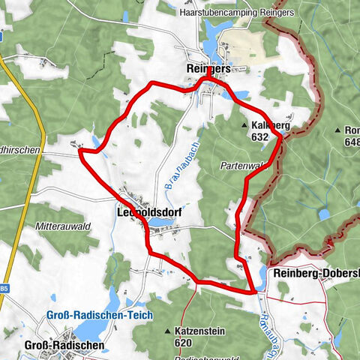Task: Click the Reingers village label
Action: tap(209, 68)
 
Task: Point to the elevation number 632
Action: tap(260, 137)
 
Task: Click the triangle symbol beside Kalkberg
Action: tap(245, 126)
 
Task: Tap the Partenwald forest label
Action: tap(244, 165)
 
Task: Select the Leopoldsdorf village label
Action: tap(149, 212)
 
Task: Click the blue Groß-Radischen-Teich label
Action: tap(93, 315)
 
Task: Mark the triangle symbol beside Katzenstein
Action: tap(169, 330)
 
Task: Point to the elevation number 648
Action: tap(350, 143)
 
